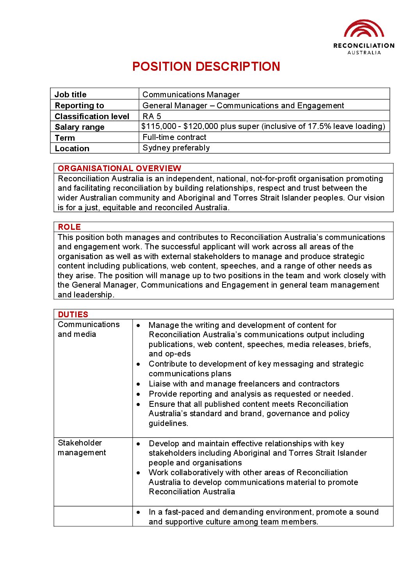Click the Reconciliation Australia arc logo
[364, 29]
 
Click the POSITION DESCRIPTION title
[206, 66]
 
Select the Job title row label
[71, 95]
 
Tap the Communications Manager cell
[191, 95]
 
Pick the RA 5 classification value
[152, 116]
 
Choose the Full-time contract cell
[174, 137]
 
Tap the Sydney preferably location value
[176, 148]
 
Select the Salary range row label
[80, 127]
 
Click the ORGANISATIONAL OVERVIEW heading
[119, 168]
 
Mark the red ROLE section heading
[69, 227]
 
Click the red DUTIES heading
[73, 315]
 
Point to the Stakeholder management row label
[82, 448]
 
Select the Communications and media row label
[89, 329]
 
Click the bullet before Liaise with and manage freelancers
[139, 384]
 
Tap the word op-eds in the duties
[178, 354]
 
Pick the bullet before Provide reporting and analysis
[139, 394]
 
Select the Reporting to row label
[80, 106]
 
